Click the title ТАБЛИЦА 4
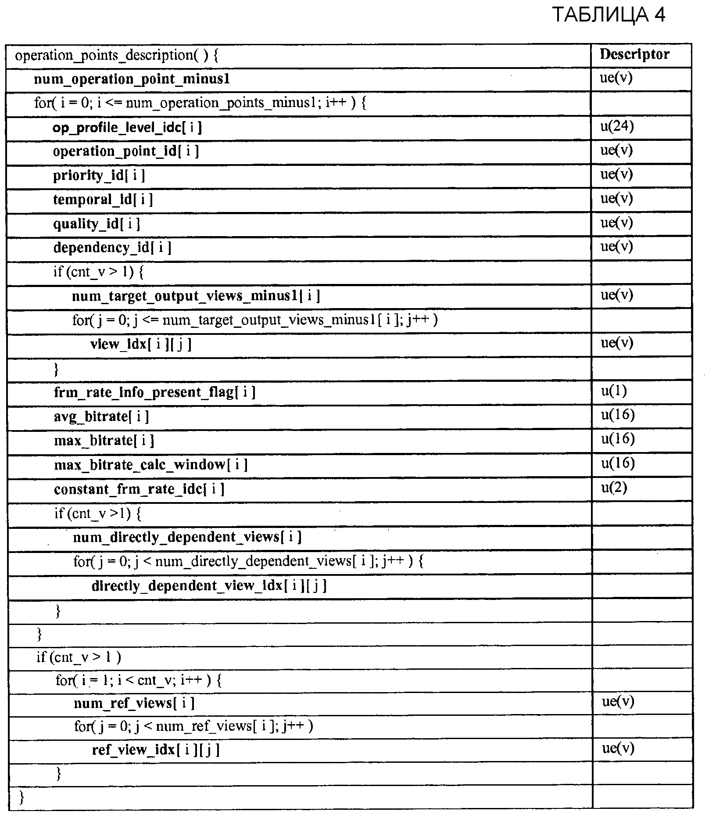pyautogui.click(x=608, y=15)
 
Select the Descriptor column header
pyautogui.click(x=634, y=54)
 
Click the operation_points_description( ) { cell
pyautogui.click(x=117, y=56)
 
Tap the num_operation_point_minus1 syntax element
pyautogui.click(x=132, y=79)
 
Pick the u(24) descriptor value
pyautogui.click(x=617, y=127)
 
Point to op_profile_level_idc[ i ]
pyautogui.click(x=127, y=128)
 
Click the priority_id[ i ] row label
pyautogui.click(x=99, y=176)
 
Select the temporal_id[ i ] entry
pyautogui.click(x=103, y=200)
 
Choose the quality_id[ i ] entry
pyautogui.click(x=97, y=224)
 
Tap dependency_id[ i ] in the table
pyautogui.click(x=112, y=248)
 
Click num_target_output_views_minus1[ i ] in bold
pyautogui.click(x=196, y=296)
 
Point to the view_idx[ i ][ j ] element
pyautogui.click(x=141, y=344)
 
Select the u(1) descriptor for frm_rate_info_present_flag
pyautogui.click(x=614, y=391)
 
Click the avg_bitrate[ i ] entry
pyautogui.click(x=101, y=416)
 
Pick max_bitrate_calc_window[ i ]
pyautogui.click(x=150, y=464)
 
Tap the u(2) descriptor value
pyautogui.click(x=614, y=488)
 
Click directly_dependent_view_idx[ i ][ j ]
pyautogui.click(x=209, y=586)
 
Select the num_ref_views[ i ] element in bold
pyautogui.click(x=134, y=704)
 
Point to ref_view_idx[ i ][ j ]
pyautogui.click(x=155, y=750)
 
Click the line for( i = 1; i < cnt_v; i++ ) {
pyautogui.click(x=139, y=681)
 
